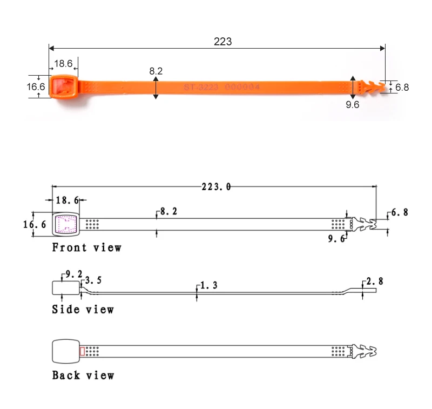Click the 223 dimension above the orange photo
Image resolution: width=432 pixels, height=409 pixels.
point(222,42)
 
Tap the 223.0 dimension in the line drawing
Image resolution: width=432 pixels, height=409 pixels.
point(216,186)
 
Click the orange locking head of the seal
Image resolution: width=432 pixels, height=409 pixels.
point(64,87)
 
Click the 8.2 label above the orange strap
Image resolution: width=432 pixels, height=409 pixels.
point(156,71)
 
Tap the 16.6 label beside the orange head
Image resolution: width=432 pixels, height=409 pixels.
point(36,86)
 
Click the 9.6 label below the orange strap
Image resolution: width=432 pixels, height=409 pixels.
point(352,105)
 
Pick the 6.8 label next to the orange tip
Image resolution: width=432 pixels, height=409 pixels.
point(402,87)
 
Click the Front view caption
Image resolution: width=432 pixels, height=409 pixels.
point(86,248)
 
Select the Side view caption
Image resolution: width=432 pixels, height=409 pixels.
point(83,310)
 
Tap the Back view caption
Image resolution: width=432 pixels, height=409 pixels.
point(83,375)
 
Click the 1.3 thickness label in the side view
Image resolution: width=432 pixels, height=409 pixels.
point(208,285)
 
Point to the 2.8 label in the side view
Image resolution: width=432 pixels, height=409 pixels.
point(375,281)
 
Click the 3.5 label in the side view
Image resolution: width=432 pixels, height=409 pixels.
point(93,280)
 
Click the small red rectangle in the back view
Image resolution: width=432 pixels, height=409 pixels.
point(82,352)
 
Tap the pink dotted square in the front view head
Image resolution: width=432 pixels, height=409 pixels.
point(66,224)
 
